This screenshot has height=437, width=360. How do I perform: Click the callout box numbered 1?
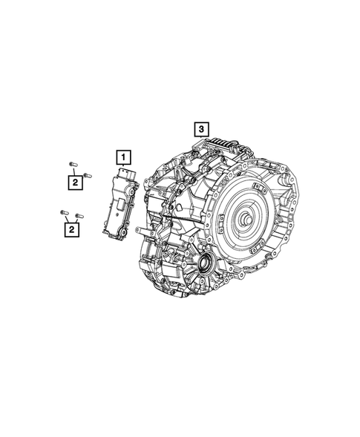tap(122, 157)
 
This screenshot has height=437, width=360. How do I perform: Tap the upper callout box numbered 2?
tap(75, 180)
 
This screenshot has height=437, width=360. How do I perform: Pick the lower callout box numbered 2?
tap(71, 231)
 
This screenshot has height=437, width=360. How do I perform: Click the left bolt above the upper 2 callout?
tap(71, 164)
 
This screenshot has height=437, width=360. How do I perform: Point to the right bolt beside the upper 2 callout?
tap(87, 175)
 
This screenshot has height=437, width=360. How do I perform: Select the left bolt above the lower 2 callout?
tap(64, 213)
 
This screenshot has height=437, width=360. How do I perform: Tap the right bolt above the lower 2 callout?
tap(79, 216)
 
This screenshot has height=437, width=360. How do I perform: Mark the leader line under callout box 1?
tap(122, 167)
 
